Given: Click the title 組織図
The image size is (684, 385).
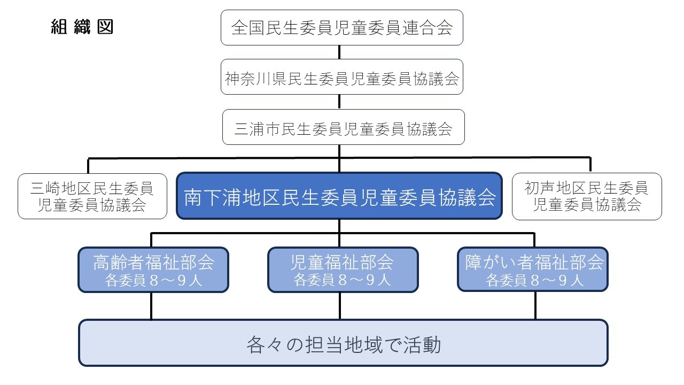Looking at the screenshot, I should click(x=82, y=27).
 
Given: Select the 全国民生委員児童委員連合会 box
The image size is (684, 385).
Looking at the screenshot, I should click(x=341, y=28).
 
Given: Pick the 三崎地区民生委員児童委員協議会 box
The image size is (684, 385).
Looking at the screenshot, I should click(x=92, y=196).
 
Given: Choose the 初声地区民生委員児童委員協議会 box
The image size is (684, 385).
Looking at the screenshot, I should click(x=587, y=196).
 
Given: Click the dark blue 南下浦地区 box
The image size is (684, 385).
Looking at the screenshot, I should click(x=339, y=196).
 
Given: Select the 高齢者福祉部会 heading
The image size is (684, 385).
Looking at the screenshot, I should click(x=153, y=262).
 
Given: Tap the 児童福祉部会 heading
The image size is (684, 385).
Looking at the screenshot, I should click(x=343, y=262).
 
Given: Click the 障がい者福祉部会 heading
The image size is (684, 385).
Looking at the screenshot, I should click(x=533, y=262).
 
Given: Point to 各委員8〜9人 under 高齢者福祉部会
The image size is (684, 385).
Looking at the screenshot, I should click(x=153, y=280).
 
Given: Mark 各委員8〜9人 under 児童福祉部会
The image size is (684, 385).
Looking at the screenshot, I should click(x=343, y=280).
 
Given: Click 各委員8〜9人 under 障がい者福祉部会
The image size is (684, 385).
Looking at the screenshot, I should click(x=533, y=280).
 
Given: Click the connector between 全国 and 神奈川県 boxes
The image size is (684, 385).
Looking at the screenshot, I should click(x=339, y=52).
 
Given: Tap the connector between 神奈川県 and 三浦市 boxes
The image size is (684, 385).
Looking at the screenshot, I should click(x=339, y=102).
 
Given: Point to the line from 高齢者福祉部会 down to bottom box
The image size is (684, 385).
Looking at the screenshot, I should click(x=151, y=306).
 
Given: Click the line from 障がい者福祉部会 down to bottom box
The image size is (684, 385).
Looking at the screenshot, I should click(x=534, y=306).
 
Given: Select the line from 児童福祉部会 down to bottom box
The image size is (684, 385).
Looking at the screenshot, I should click(x=339, y=306).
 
